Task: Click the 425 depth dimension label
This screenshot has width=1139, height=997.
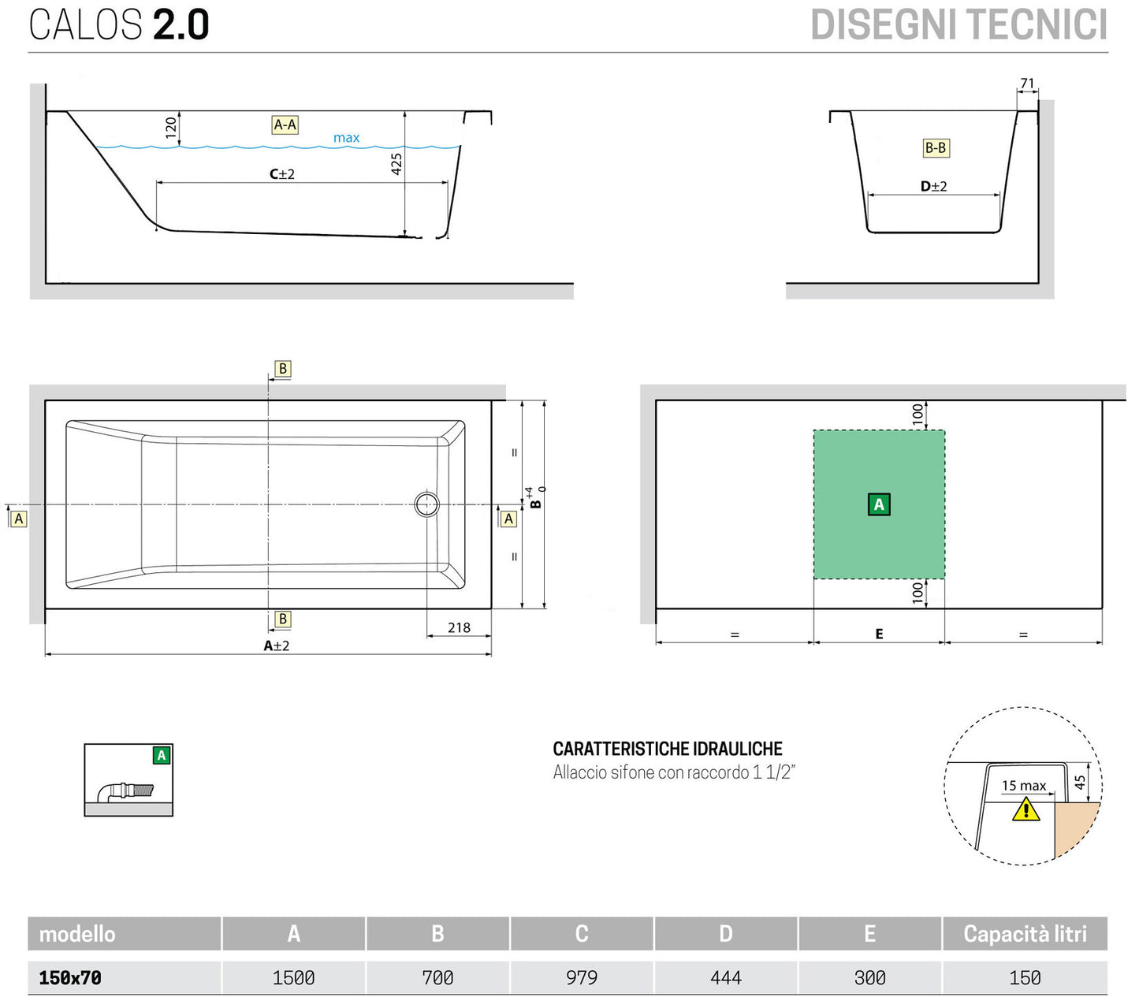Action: (396, 164)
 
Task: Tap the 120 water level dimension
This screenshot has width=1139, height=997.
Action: (171, 128)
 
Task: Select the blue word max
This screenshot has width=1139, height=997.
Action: (346, 138)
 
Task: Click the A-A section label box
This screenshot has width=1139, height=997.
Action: (285, 125)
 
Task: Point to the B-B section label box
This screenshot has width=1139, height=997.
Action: (936, 148)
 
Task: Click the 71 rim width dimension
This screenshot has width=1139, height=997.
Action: (1027, 84)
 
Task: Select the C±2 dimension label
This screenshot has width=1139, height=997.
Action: (282, 174)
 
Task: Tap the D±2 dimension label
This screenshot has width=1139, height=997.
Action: (933, 187)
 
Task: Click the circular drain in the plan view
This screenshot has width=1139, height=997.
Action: (427, 504)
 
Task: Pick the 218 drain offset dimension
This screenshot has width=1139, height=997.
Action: (459, 627)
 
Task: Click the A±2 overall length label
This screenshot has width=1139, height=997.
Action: (277, 645)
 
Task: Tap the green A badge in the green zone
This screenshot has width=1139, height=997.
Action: (879, 504)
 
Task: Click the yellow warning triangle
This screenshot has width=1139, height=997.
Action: (1025, 809)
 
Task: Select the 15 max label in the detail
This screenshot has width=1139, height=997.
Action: (1023, 786)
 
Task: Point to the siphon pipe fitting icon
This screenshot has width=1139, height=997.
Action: (126, 791)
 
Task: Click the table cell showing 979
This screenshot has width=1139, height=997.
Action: (582, 977)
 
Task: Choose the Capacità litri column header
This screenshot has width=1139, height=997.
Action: (1025, 934)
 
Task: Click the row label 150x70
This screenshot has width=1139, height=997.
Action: (70, 977)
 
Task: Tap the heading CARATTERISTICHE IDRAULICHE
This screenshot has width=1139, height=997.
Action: (668, 749)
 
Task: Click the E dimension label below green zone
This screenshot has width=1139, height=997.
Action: (879, 634)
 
